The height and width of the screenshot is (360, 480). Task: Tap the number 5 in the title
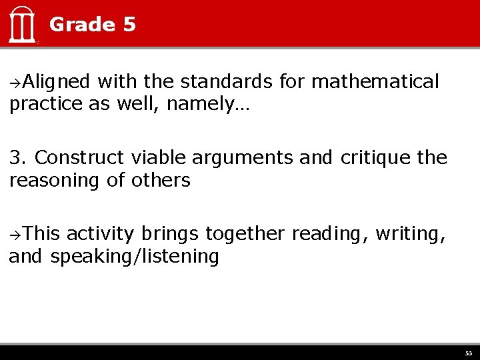[129, 25]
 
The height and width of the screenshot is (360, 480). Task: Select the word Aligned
[56, 82]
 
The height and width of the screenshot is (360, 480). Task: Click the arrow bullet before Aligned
[15, 83]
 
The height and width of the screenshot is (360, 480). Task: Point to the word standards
[226, 82]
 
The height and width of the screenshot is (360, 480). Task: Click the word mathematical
[375, 82]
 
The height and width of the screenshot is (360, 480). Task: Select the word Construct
[79, 158]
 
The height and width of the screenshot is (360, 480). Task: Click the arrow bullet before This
[15, 234]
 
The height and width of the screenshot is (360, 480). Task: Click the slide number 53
[468, 353]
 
